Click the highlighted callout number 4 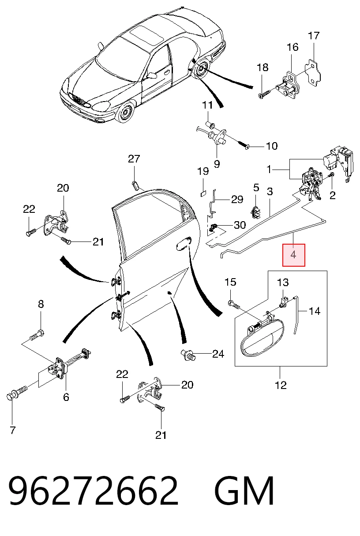tap(293, 255)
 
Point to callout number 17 tap(314, 36)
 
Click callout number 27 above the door tap(134, 159)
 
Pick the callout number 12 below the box tap(281, 385)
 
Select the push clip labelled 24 tap(188, 355)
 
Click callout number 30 tap(240, 225)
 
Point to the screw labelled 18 tap(265, 94)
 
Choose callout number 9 tap(217, 164)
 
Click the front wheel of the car tap(125, 112)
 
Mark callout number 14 tap(314, 311)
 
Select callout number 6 tap(66, 397)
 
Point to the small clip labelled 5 tap(256, 212)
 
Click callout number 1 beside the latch tap(269, 170)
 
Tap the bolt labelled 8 tap(37, 335)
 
